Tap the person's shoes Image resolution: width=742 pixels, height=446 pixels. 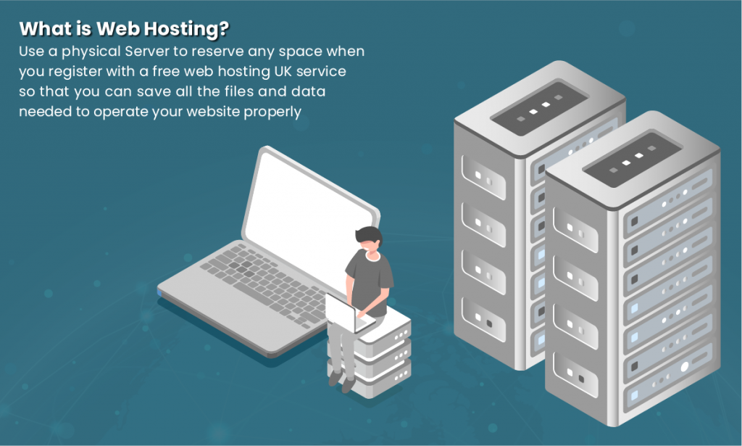tap(341, 381)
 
